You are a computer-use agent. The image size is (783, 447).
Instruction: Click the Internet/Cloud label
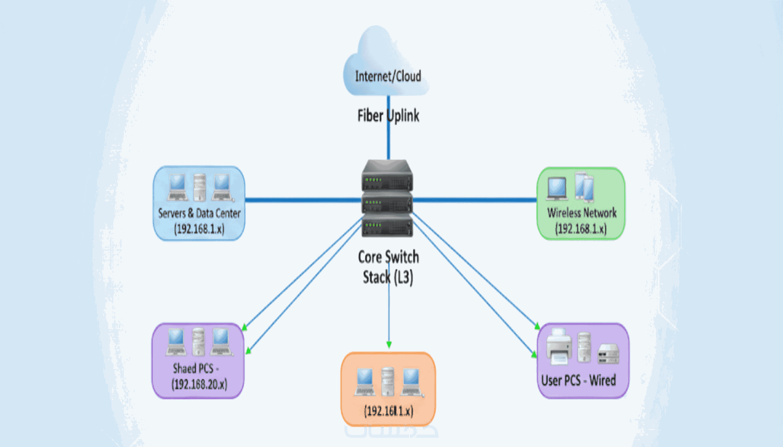[388, 76]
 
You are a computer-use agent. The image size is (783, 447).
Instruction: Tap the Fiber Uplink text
[388, 116]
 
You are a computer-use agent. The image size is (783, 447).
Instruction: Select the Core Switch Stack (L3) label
[388, 267]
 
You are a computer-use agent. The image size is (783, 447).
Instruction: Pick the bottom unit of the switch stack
[387, 226]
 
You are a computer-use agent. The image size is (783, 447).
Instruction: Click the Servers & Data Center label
[199, 213]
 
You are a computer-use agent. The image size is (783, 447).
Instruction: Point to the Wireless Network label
[581, 213]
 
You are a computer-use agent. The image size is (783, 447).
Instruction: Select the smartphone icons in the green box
[584, 187]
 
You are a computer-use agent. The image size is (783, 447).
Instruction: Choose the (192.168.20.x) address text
[199, 384]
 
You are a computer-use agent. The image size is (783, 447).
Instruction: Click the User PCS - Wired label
[578, 381]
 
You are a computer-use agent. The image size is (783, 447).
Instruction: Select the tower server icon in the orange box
[388, 381]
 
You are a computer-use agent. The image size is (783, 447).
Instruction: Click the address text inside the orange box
[388, 411]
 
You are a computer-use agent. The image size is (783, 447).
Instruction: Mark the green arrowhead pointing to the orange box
[389, 345]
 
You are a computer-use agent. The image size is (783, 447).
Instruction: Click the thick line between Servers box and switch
[302, 200]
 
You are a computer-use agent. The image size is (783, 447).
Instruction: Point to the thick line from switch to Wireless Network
[474, 200]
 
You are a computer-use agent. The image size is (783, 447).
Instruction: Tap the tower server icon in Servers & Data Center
[199, 187]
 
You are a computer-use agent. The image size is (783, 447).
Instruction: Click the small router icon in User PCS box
[608, 353]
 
